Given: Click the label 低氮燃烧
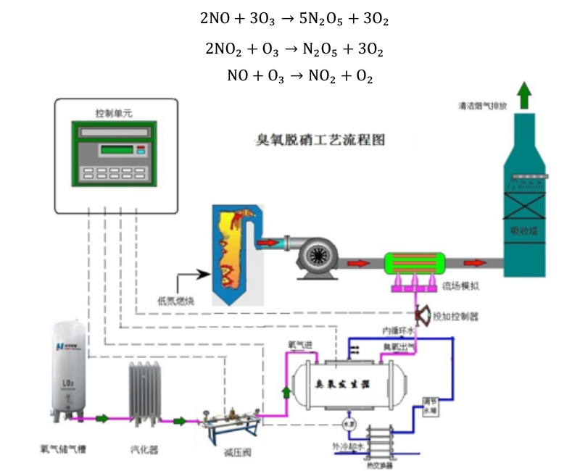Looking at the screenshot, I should point(177,299).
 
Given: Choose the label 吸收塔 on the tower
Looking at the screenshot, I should point(523,231).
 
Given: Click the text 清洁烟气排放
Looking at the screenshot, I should point(483,106).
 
